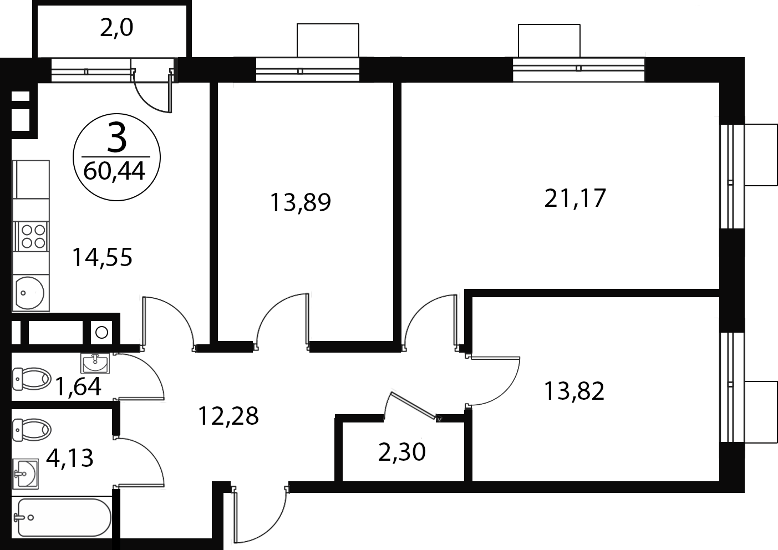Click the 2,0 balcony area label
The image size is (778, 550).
click(x=116, y=28)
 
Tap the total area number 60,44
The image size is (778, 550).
click(x=114, y=171)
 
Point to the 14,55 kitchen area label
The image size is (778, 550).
click(x=102, y=258)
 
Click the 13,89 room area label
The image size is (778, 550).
click(x=301, y=202)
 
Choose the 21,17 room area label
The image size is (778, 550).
click(x=575, y=198)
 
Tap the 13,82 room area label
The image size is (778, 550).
click(x=574, y=391)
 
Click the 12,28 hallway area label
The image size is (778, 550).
click(x=228, y=416)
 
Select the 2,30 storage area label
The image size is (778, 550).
click(x=402, y=452)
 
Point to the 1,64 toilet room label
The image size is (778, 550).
click(x=78, y=387)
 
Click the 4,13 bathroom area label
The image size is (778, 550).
click(x=70, y=459)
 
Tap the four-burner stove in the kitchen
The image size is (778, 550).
click(x=31, y=236)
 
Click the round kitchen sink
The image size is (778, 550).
click(x=30, y=293)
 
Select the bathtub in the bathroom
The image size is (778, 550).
click(x=63, y=518)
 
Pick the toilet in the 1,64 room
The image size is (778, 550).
click(x=32, y=379)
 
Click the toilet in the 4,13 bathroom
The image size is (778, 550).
click(x=32, y=430)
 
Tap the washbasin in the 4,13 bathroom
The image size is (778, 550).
click(x=26, y=473)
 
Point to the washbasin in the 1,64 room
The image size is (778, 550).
click(x=95, y=363)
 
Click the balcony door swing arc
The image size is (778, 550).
click(x=146, y=101)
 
